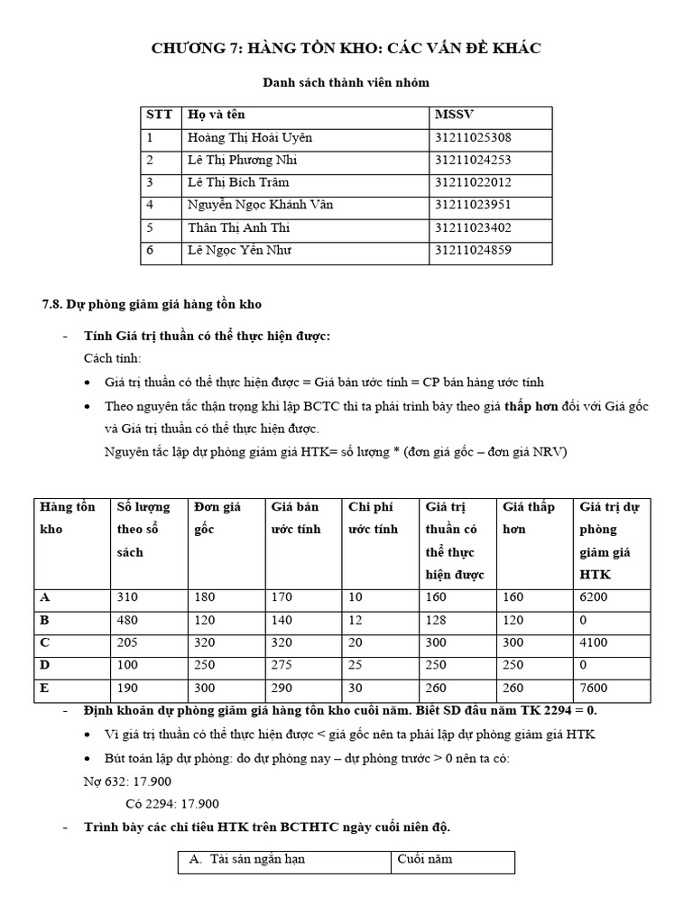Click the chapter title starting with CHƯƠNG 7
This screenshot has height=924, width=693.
point(346,48)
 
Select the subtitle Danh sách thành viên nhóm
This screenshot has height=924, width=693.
point(346,83)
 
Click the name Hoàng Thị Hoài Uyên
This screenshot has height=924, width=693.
point(249,138)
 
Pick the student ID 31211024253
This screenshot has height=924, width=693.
point(473,161)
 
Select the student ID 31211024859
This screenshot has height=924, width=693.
point(473,251)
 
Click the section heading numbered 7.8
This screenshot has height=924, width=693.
point(152,304)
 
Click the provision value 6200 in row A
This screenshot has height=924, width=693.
point(595,597)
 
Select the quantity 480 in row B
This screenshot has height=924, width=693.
point(127,622)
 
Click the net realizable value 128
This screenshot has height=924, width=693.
point(437,622)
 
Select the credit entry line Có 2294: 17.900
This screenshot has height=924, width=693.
point(171,804)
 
